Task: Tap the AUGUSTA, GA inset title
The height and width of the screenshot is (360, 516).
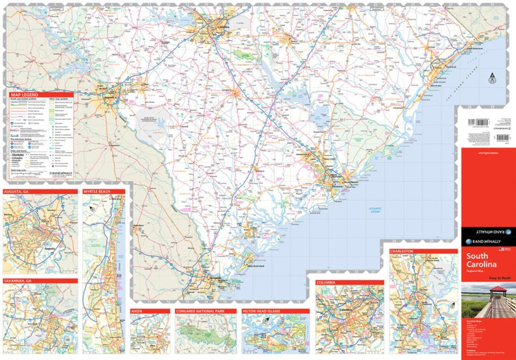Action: (19, 191)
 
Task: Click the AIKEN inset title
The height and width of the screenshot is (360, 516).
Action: (137, 312)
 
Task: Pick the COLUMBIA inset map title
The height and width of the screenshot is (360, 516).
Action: (327, 283)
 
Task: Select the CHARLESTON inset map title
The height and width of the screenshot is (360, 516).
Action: (402, 251)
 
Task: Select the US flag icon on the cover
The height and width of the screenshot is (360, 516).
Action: (501, 250)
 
